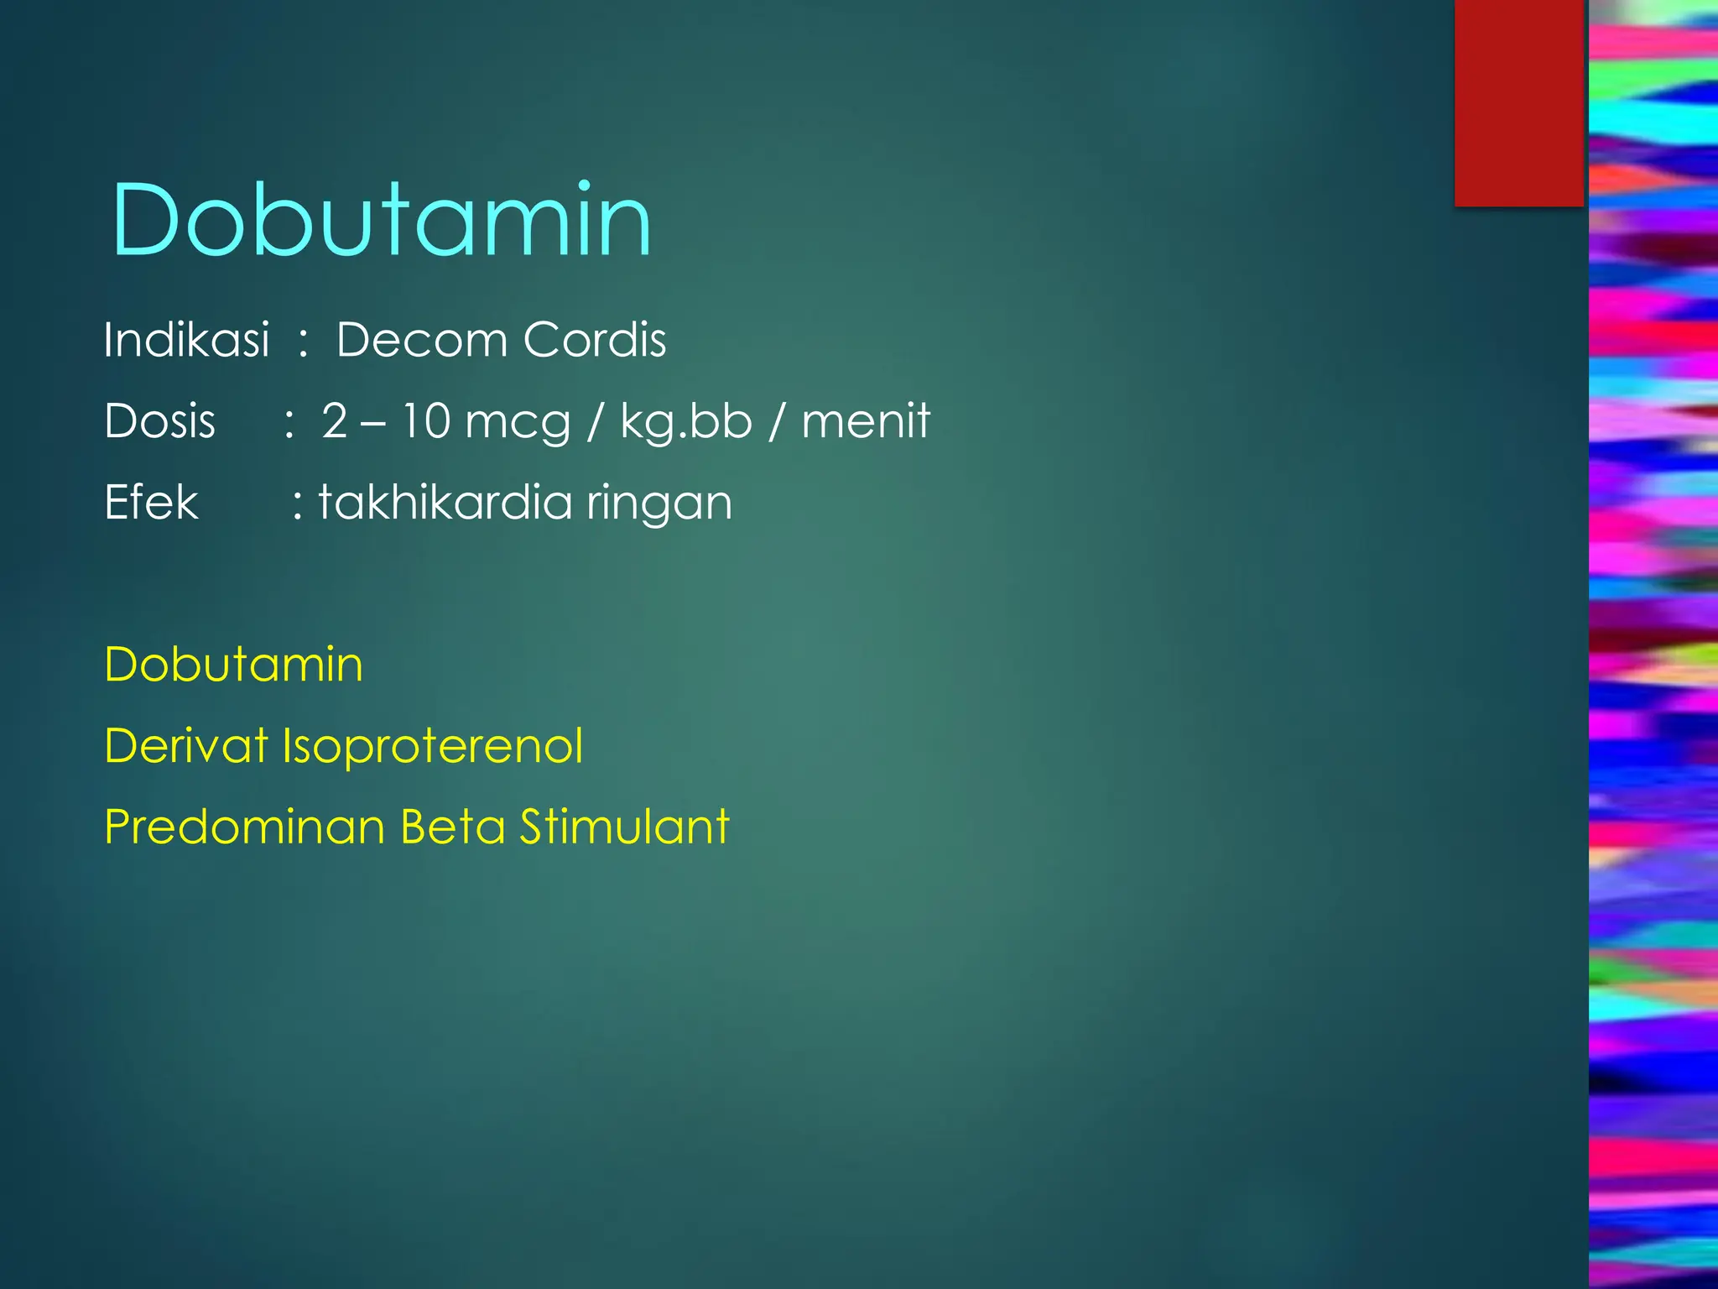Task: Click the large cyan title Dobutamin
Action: tap(382, 220)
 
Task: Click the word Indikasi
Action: tap(186, 340)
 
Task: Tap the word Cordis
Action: tap(595, 340)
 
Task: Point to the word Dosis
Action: tap(159, 420)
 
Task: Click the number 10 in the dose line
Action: tap(426, 420)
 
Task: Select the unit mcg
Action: tap(518, 422)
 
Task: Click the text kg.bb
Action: tap(685, 422)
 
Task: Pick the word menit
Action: tap(866, 420)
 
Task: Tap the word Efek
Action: tap(151, 502)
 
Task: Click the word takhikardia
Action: tap(445, 502)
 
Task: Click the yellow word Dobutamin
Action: tap(234, 665)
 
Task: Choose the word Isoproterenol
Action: tap(432, 747)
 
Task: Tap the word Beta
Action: tap(453, 827)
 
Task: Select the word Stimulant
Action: tap(624, 827)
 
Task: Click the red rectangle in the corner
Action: tap(1518, 102)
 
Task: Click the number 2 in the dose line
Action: tap(335, 420)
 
